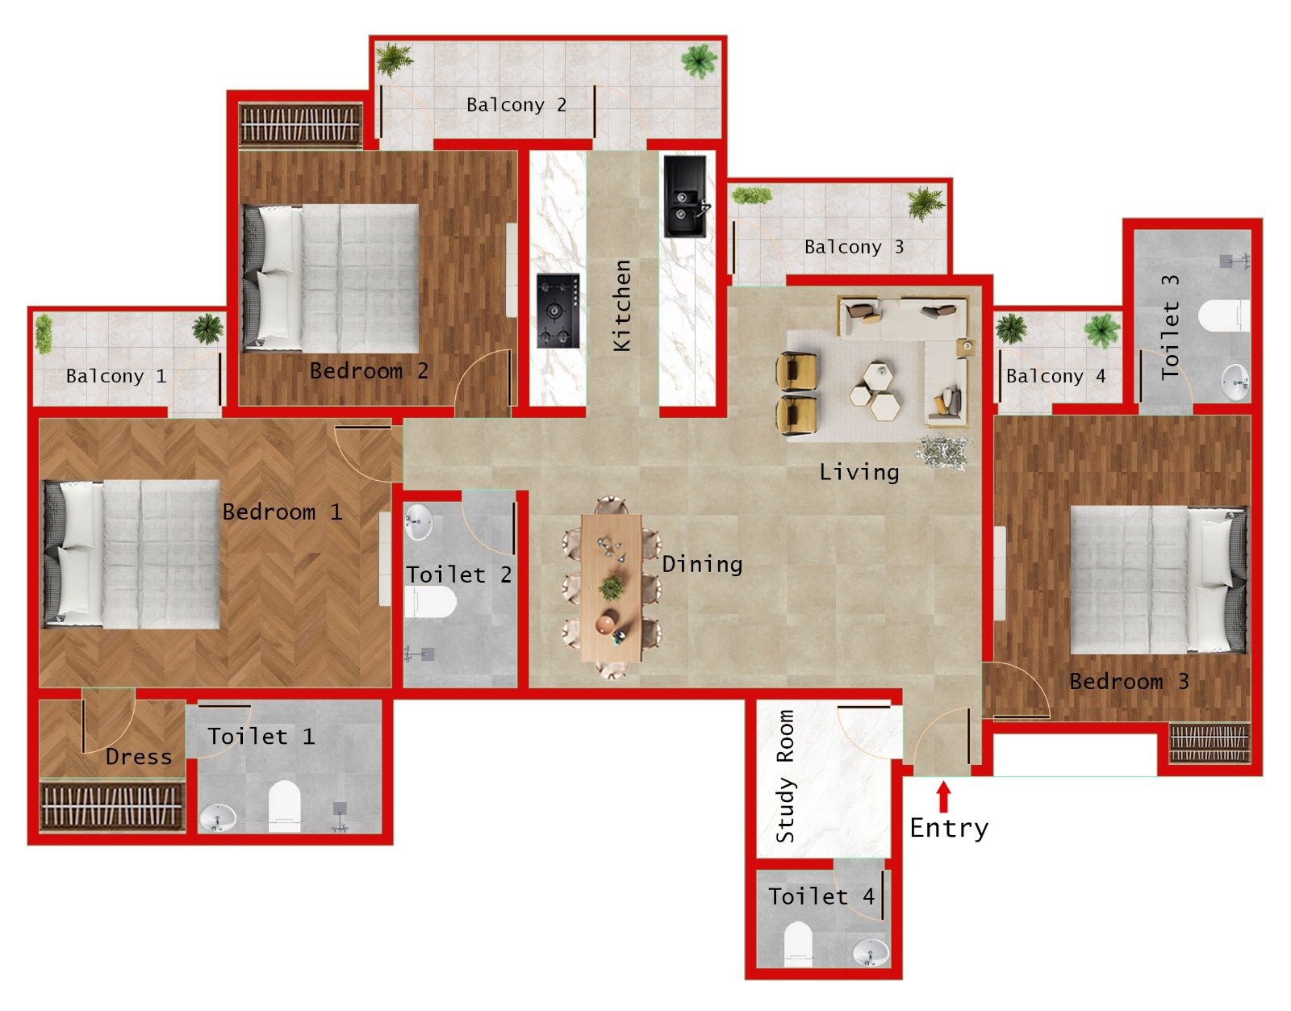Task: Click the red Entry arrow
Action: (943, 798)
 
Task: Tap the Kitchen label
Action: (621, 305)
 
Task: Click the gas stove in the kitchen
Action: (558, 311)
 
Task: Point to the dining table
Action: (612, 587)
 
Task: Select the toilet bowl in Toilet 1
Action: (284, 804)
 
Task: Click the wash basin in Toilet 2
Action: (418, 521)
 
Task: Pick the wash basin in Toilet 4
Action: (871, 951)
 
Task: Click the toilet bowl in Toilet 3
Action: (1224, 315)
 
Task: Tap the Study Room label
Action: (785, 776)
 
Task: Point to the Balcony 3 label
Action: (854, 247)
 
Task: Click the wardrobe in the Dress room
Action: (111, 805)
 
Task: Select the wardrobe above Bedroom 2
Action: (299, 125)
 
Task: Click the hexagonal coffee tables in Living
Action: (875, 391)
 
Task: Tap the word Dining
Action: (702, 564)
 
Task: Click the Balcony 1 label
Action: (116, 376)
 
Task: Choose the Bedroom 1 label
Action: (282, 512)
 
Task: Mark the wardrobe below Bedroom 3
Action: (1209, 743)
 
